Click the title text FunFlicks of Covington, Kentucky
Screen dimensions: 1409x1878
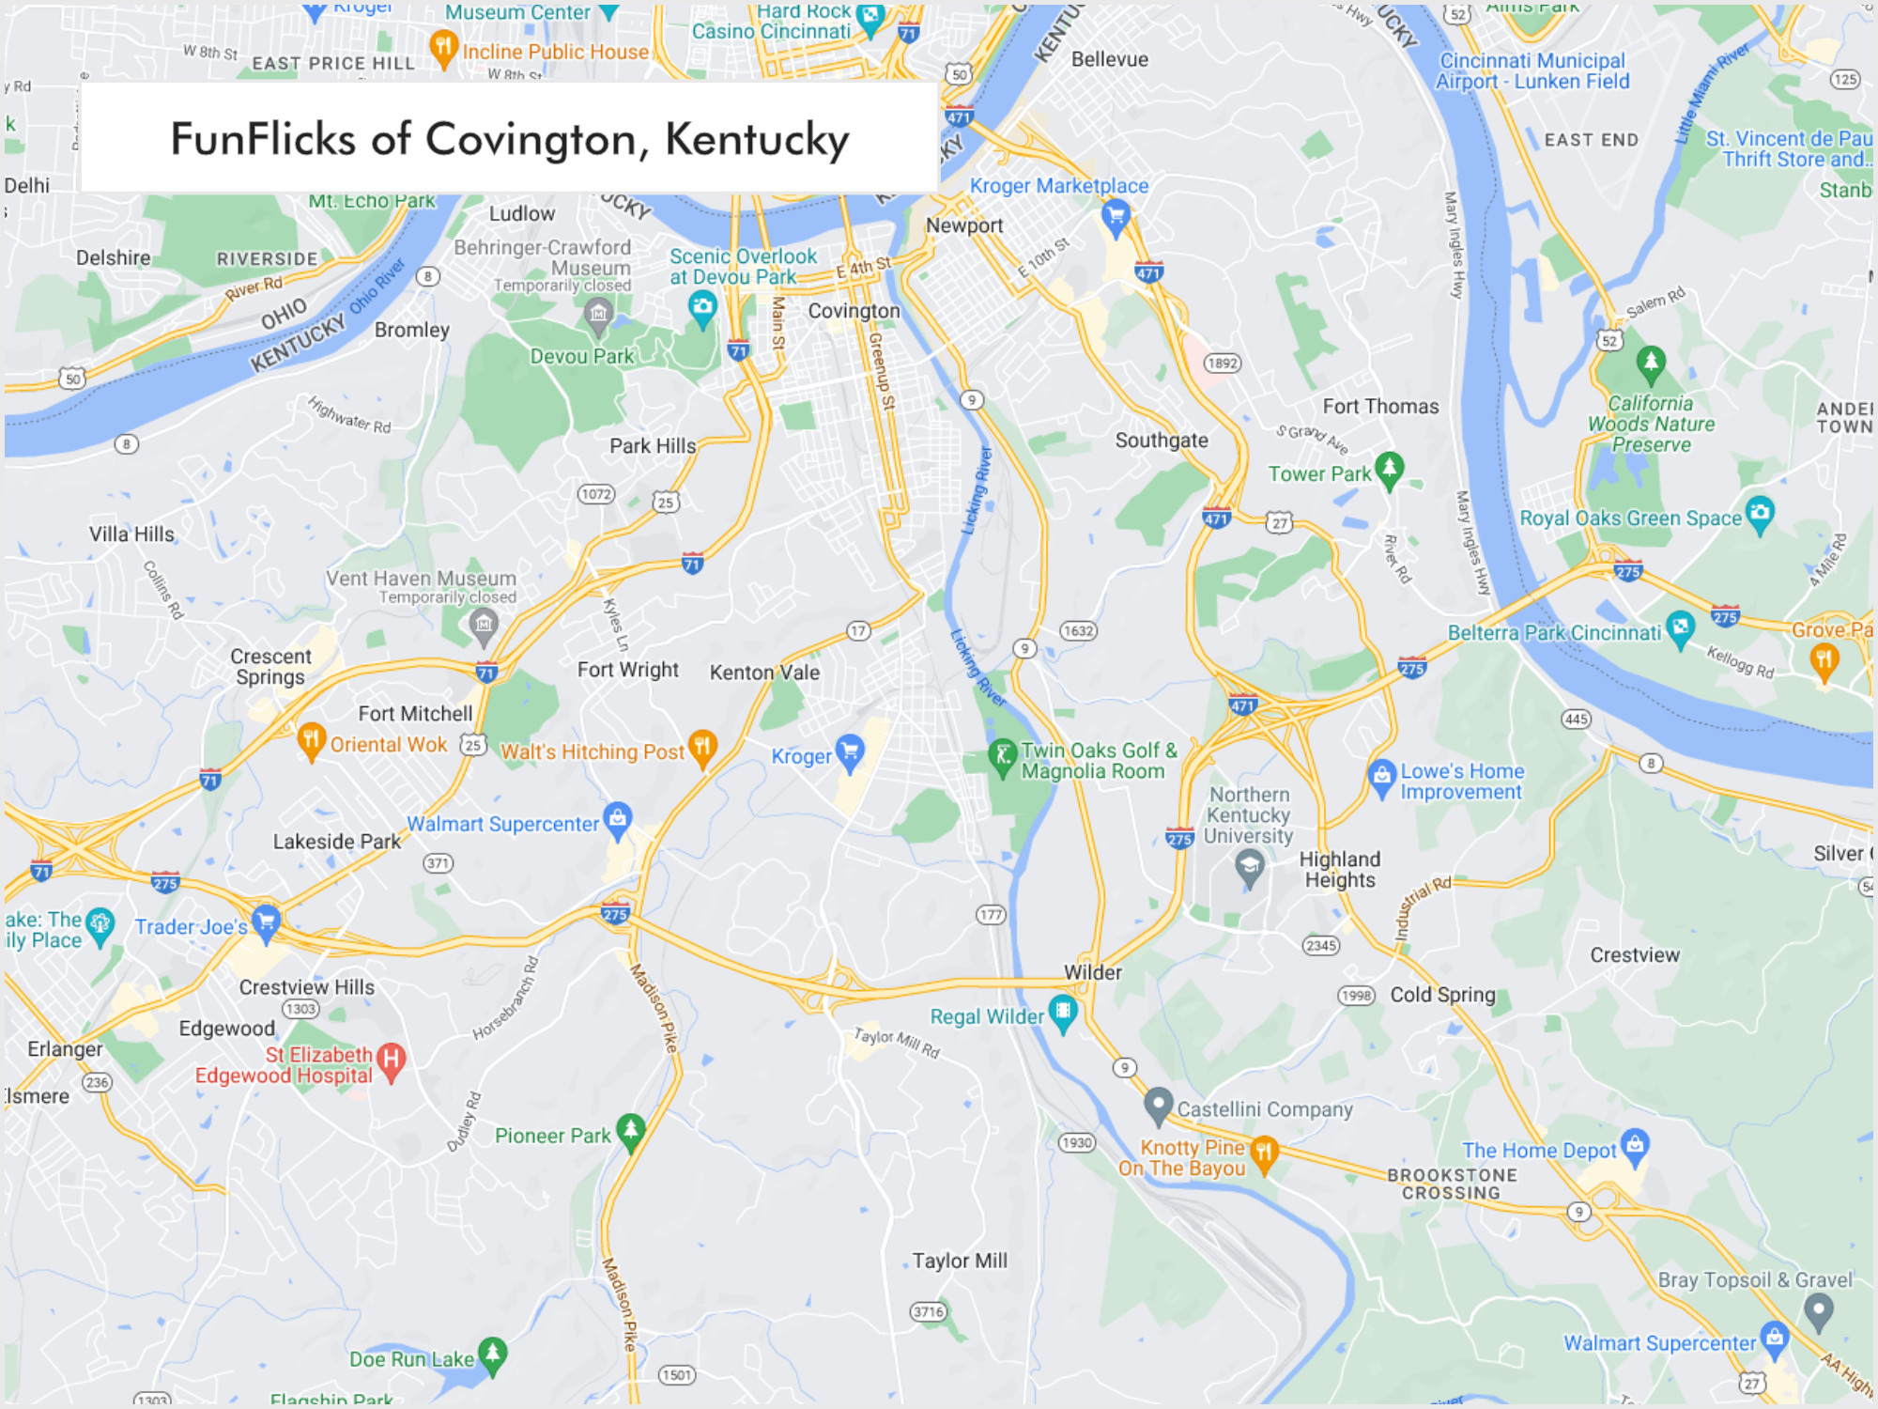(509, 139)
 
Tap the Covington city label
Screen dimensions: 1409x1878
(854, 311)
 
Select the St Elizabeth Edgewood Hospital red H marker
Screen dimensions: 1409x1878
(391, 1061)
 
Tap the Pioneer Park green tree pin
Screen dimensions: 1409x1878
(630, 1130)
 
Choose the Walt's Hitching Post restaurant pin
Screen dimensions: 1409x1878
(702, 747)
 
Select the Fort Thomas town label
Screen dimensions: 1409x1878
(1380, 407)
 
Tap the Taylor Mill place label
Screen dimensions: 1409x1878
(960, 1261)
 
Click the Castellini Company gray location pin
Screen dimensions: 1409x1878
(1159, 1105)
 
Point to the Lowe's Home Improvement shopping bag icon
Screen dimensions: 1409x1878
(1381, 776)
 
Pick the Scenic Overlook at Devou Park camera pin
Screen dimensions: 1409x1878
(701, 306)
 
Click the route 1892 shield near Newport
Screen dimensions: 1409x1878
(1222, 364)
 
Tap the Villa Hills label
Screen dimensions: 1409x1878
(131, 534)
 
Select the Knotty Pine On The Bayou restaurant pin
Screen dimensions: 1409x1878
(1265, 1153)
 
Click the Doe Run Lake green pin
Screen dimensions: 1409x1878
(492, 1354)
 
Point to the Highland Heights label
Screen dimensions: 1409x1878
(1339, 870)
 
